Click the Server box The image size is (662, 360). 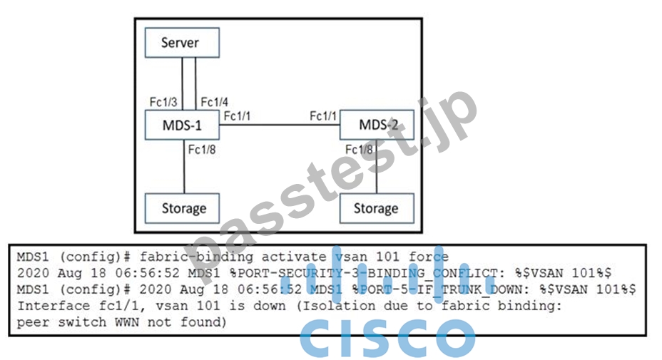click(x=182, y=43)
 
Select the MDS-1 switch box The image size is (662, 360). click(x=182, y=125)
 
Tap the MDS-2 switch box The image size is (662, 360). click(x=377, y=125)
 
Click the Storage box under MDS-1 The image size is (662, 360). click(x=182, y=208)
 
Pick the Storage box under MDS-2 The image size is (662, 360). click(x=377, y=208)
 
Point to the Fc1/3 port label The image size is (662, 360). click(x=163, y=102)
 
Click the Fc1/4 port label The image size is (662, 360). click(x=214, y=102)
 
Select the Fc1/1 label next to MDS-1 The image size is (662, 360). click(x=237, y=115)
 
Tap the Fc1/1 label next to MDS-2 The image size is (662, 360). click(x=323, y=115)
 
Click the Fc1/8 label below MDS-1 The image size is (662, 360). click(x=202, y=150)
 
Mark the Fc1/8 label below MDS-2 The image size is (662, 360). click(x=359, y=150)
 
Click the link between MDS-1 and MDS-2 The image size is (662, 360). click(x=280, y=125)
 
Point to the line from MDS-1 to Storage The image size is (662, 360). click(x=185, y=166)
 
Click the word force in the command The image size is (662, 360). click(x=429, y=256)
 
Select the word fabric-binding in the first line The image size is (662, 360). click(x=196, y=257)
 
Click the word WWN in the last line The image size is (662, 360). click(x=127, y=322)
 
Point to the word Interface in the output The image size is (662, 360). click(x=54, y=306)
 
